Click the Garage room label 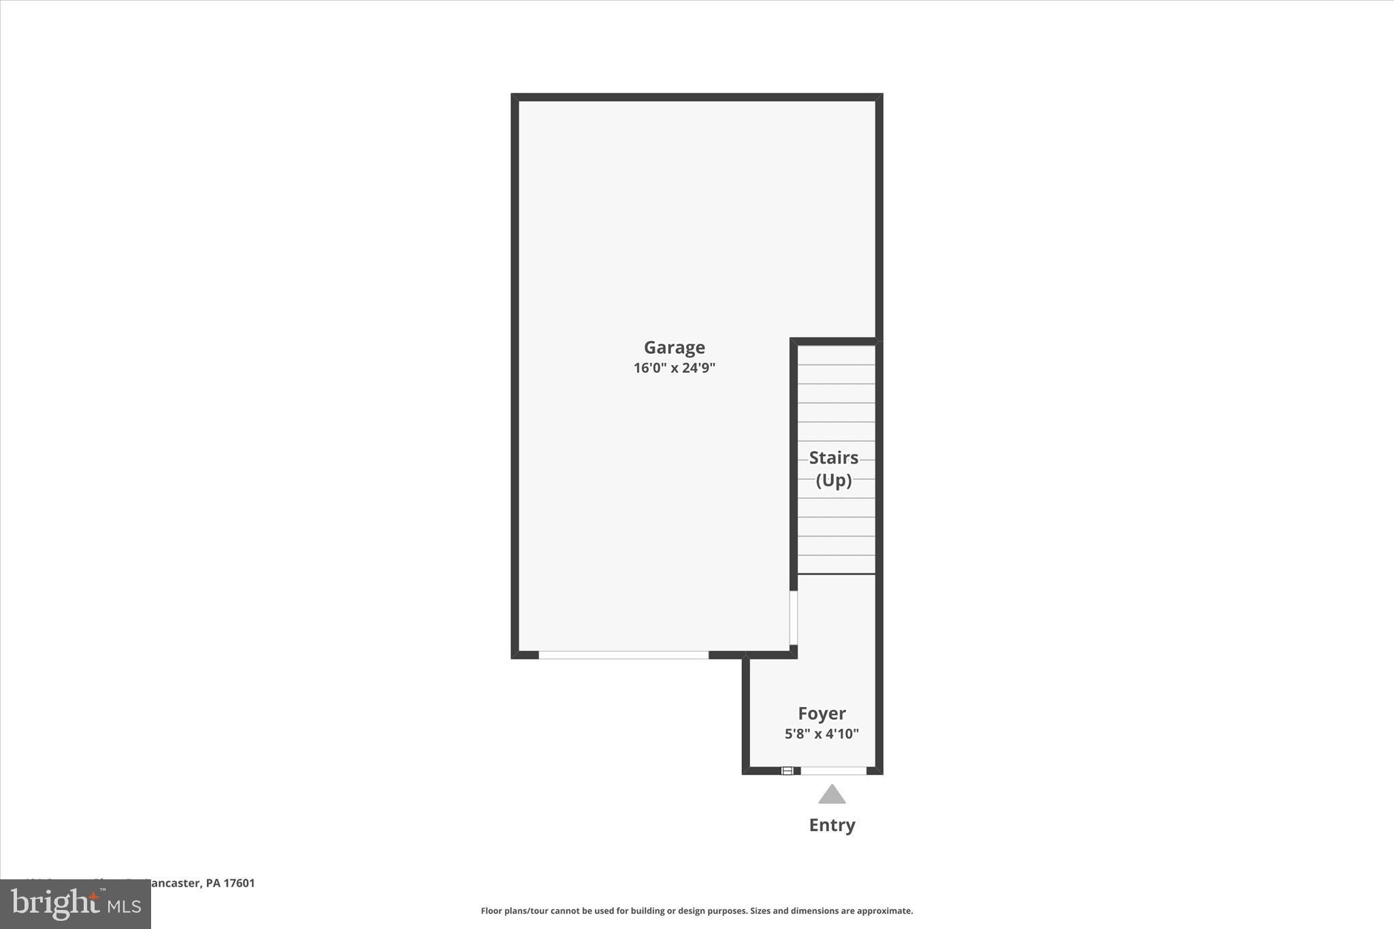674,348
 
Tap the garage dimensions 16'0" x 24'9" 674,368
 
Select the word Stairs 833,457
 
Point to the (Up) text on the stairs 833,480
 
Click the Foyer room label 822,713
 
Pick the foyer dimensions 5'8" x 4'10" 822,734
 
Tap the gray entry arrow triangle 832,795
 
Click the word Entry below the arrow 832,825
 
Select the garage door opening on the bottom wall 623,655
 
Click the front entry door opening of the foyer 833,770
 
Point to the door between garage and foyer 793,617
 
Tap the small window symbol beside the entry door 787,770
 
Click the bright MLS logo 76,904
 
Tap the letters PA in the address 213,883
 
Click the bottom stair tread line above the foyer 836,574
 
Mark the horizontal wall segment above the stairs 835,341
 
